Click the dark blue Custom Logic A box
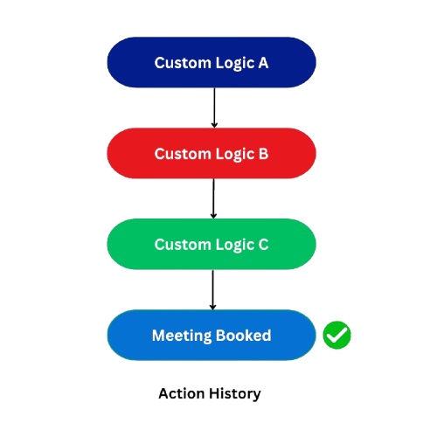coord(212,62)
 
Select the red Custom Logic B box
coord(212,153)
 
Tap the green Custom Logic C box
coord(212,244)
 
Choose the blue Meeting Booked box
coord(212,335)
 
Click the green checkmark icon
coord(336,335)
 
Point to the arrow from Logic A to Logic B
coord(214,108)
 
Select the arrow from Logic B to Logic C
coord(213,198)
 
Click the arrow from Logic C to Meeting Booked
coord(213,289)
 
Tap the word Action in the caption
coord(182,393)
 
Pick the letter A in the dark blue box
coord(263,63)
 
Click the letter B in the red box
coord(263,154)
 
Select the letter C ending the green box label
coord(263,245)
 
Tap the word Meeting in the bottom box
coord(182,336)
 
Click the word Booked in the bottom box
coord(244,336)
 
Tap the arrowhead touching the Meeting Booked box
coord(213,308)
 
